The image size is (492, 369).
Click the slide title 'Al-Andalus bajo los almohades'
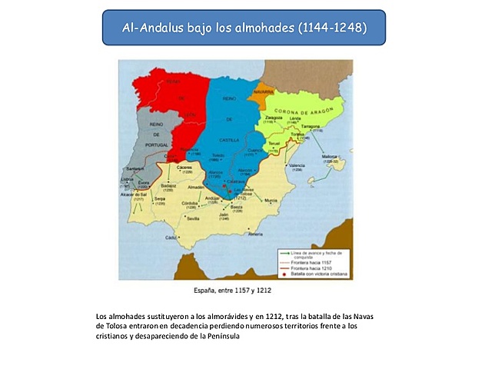point(244,28)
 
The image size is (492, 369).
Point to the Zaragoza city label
point(276,118)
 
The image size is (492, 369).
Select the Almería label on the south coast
point(256,234)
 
